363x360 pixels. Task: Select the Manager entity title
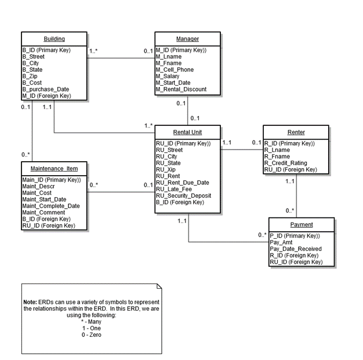tap(187, 39)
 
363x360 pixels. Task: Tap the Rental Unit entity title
tap(187, 132)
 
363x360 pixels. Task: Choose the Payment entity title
tap(302, 224)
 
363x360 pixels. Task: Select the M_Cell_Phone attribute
tap(175, 70)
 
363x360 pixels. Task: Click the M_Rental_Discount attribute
tap(180, 89)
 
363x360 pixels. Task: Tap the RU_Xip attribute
tap(166, 169)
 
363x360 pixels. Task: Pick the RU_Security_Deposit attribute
tap(184, 195)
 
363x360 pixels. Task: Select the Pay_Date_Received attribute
tap(296, 249)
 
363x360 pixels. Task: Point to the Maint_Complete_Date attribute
tap(50, 206)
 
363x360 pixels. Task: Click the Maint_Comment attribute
tap(43, 212)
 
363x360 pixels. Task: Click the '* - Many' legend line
tap(91, 322)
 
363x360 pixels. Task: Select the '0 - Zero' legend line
tap(91, 334)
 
